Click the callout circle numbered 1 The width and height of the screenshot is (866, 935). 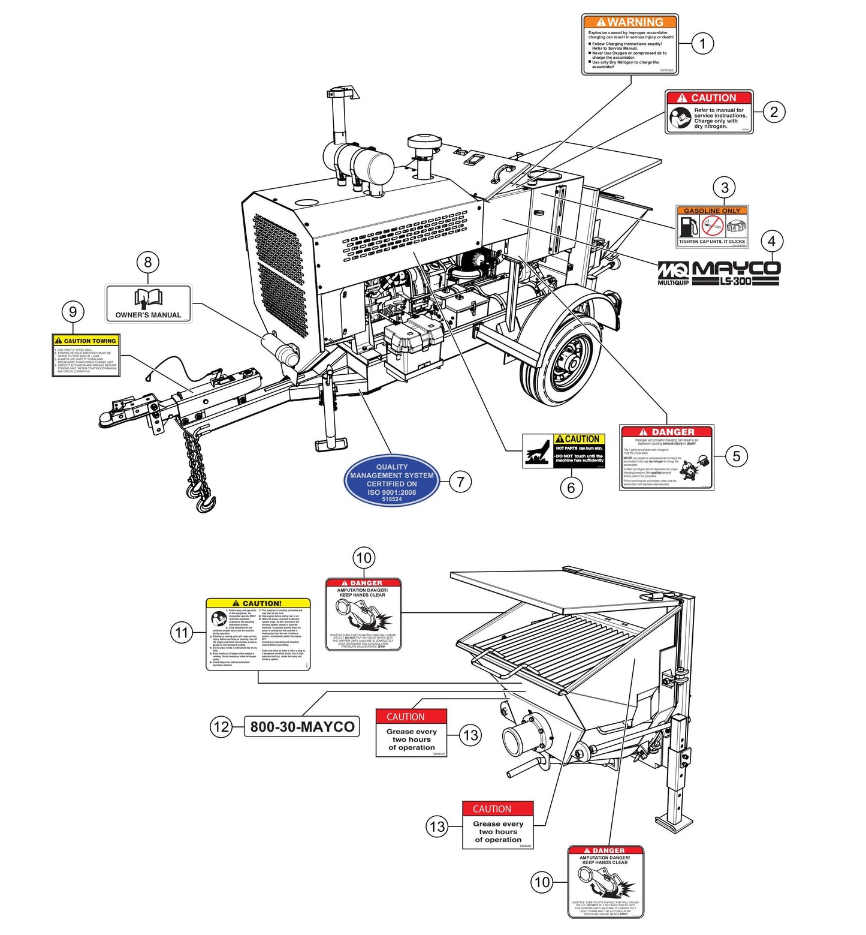pyautogui.click(x=702, y=43)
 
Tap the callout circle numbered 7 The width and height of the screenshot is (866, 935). pyautogui.click(x=460, y=481)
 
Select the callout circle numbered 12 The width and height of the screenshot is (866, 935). pyautogui.click(x=221, y=727)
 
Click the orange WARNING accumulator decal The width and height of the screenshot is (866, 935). pyautogui.click(x=630, y=45)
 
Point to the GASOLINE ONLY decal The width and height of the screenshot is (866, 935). pyautogui.click(x=712, y=226)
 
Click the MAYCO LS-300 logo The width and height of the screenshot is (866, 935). pyautogui.click(x=735, y=273)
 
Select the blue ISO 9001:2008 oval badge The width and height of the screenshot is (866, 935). pyautogui.click(x=392, y=480)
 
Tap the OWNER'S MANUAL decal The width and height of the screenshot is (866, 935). pyautogui.click(x=148, y=303)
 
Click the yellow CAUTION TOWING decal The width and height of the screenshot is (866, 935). pyautogui.click(x=86, y=355)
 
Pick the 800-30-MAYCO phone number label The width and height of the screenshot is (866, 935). pyautogui.click(x=302, y=726)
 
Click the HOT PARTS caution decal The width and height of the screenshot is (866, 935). pyautogui.click(x=564, y=450)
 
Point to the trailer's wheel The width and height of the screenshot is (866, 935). pyautogui.click(x=561, y=363)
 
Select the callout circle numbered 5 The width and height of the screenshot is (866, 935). pyautogui.click(x=737, y=456)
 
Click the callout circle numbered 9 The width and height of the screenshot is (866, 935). pyautogui.click(x=73, y=311)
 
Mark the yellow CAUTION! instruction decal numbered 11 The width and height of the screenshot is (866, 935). pyautogui.click(x=258, y=634)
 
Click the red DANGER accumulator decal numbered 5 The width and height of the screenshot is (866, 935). pyautogui.click(x=666, y=458)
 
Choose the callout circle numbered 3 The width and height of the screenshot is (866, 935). pyautogui.click(x=725, y=187)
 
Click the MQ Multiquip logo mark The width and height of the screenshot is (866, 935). pyautogui.click(x=674, y=273)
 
